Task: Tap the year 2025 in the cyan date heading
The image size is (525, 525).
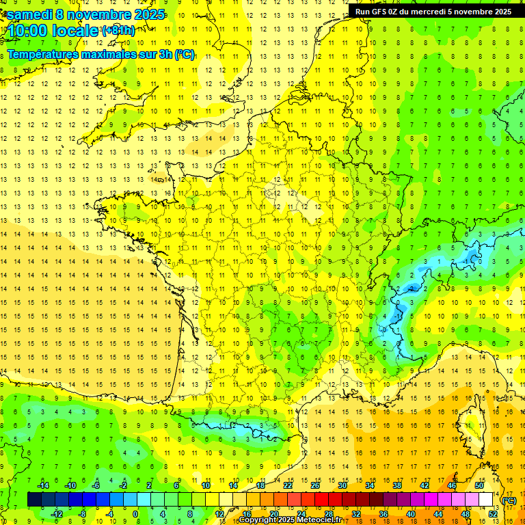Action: (x=146, y=14)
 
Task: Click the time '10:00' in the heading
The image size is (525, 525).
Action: (x=29, y=31)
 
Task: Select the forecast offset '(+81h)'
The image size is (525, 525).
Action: (x=118, y=31)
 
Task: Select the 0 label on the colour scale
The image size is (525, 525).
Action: (x=135, y=514)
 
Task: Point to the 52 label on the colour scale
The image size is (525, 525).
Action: (x=493, y=514)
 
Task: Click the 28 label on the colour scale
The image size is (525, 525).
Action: (x=329, y=514)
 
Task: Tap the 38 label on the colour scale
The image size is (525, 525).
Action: (x=396, y=485)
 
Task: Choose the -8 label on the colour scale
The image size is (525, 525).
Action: (x=83, y=514)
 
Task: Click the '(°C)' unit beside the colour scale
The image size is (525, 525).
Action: (x=509, y=500)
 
